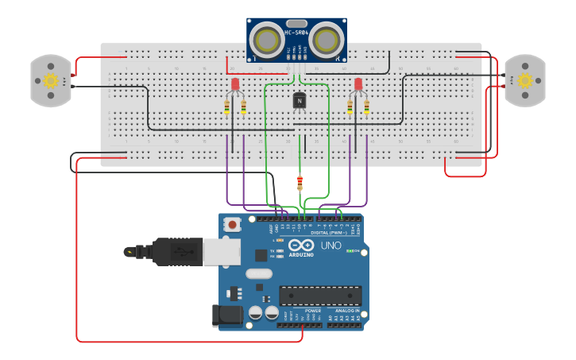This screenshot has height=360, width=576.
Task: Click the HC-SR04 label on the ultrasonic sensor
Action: tap(296, 33)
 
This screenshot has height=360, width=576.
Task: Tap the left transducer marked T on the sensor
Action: tap(268, 39)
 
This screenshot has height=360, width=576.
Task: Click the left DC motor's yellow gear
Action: tap(51, 80)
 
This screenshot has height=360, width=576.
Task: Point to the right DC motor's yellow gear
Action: tap(524, 80)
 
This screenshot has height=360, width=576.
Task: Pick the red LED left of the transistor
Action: tap(235, 84)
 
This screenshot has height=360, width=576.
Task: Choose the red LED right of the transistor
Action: tap(358, 84)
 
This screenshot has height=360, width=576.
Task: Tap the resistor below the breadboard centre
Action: tap(300, 183)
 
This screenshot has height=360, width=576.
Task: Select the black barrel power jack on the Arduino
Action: tap(228, 315)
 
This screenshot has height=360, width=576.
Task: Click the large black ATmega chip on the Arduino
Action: tap(320, 296)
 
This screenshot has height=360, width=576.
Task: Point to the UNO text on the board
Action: tap(331, 246)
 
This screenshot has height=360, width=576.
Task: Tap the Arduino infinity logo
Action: tap(301, 245)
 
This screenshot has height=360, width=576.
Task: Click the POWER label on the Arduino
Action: tap(302, 311)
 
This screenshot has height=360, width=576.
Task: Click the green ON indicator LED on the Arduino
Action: tap(350, 251)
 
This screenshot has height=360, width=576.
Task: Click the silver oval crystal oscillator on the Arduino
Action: tap(259, 274)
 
